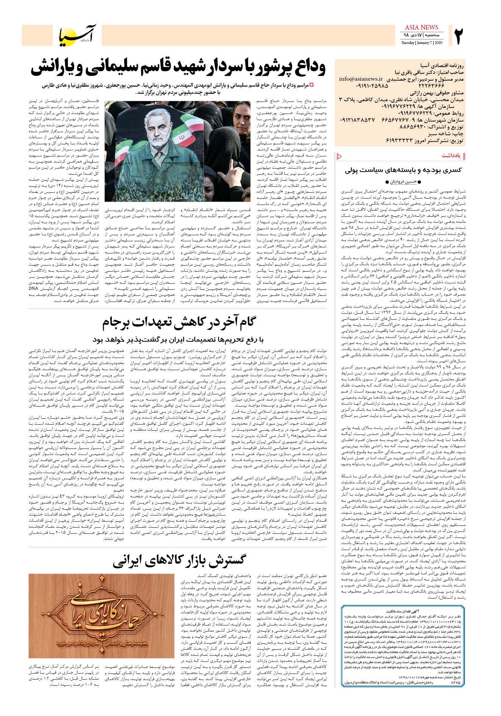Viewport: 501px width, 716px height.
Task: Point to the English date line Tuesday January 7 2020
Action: tap(422, 42)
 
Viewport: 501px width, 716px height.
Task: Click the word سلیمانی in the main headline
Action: tap(149, 69)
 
